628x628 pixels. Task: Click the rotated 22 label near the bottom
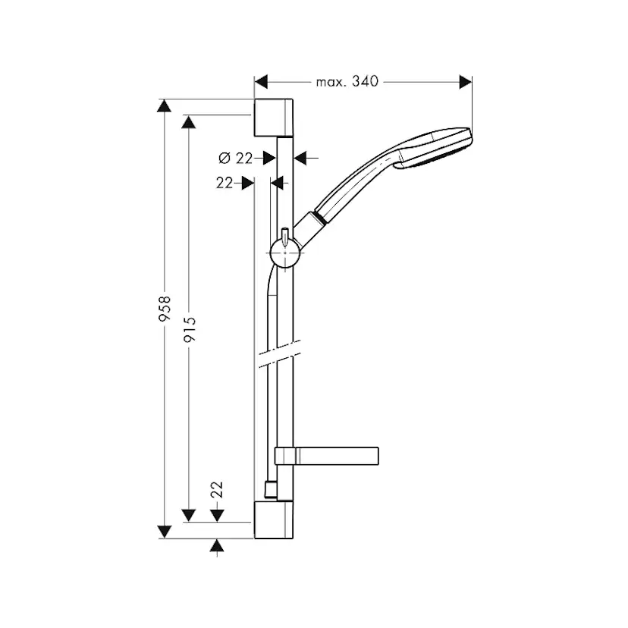(x=218, y=490)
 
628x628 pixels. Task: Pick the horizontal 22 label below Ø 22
(x=224, y=183)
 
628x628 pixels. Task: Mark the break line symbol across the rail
(x=275, y=356)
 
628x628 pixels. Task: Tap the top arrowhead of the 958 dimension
(x=162, y=106)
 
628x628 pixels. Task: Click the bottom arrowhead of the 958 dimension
(x=162, y=530)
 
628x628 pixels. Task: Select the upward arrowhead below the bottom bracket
(x=218, y=547)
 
